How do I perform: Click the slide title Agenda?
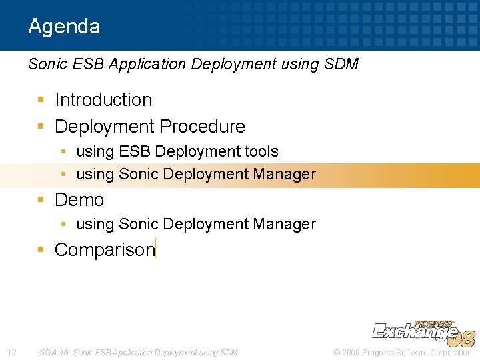click(64, 27)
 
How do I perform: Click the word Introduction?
click(103, 100)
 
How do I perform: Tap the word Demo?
click(79, 200)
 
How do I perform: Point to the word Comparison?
click(104, 250)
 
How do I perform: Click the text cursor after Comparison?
click(155, 248)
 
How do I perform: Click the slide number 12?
click(11, 352)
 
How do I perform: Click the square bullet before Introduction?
click(41, 101)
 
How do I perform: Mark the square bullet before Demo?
click(41, 200)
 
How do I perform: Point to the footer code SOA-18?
click(54, 352)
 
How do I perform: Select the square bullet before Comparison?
click(41, 250)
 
